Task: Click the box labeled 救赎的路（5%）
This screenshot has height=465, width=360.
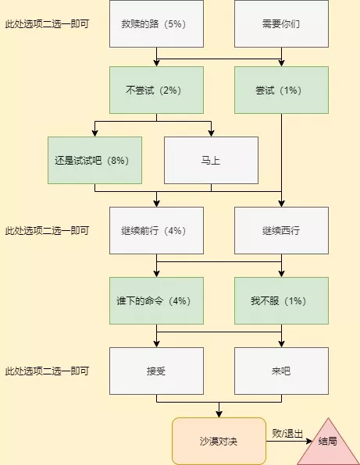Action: click(156, 23)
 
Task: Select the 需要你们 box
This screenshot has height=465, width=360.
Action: click(281, 23)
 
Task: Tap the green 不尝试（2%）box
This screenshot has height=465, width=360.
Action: click(156, 91)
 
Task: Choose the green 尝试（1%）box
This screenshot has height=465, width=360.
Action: click(281, 91)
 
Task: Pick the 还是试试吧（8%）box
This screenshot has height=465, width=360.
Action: click(94, 161)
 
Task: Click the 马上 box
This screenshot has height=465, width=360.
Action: click(211, 161)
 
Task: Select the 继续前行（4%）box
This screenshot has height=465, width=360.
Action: click(156, 230)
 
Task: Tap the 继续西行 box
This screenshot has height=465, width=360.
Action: click(281, 230)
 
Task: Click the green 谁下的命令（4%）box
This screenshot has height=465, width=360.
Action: click(156, 300)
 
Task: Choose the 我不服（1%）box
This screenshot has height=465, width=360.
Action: click(281, 300)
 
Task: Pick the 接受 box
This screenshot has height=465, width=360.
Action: click(156, 371)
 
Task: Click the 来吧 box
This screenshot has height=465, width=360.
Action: click(281, 371)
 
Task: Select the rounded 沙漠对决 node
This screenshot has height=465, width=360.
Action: click(219, 441)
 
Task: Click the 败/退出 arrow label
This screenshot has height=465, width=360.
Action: click(287, 434)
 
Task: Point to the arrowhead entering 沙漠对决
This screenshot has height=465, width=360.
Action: click(219, 414)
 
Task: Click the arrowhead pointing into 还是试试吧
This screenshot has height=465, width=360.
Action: click(94, 133)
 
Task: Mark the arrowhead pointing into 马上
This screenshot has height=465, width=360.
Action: click(211, 133)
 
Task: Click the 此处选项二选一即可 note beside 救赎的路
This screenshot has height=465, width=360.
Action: click(47, 24)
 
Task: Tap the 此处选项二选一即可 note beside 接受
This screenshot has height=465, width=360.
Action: click(47, 371)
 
